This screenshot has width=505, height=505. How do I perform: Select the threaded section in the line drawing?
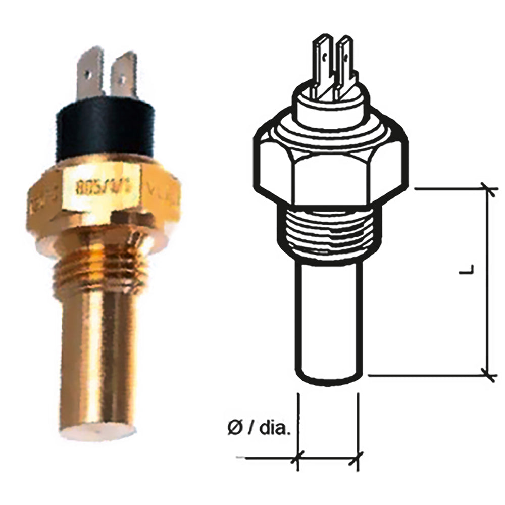(x=328, y=232)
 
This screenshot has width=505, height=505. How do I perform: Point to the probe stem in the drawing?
(x=328, y=323)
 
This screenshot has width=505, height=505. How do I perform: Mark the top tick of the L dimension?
(x=488, y=189)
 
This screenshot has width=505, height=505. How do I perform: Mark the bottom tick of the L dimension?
(x=488, y=375)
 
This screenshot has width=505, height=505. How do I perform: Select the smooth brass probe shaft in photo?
(x=98, y=353)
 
